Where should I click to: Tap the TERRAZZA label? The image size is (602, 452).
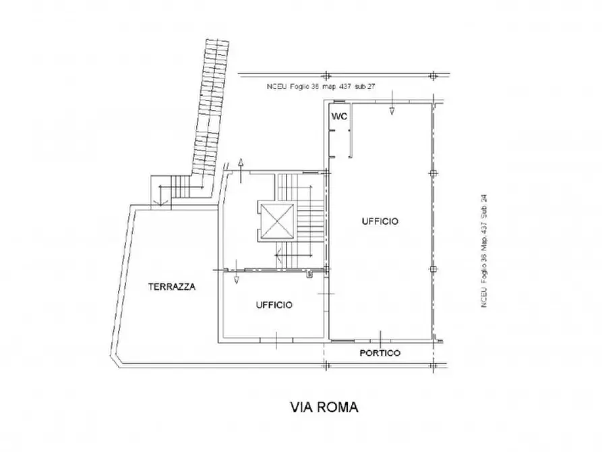172,287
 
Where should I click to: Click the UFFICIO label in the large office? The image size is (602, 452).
380,221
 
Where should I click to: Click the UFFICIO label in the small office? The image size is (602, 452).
274,305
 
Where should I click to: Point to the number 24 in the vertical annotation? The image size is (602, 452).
483,200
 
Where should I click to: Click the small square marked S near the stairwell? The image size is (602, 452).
308,275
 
